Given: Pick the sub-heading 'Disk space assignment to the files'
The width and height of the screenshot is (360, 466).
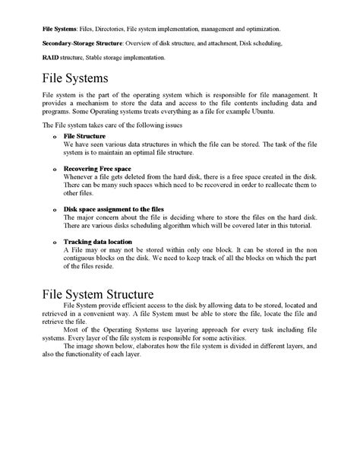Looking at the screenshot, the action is tap(114, 208).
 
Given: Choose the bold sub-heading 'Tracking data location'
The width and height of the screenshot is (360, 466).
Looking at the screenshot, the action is tap(97, 242).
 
